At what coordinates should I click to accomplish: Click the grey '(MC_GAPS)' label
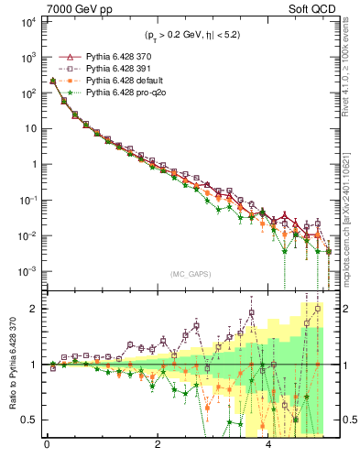point(188,274)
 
